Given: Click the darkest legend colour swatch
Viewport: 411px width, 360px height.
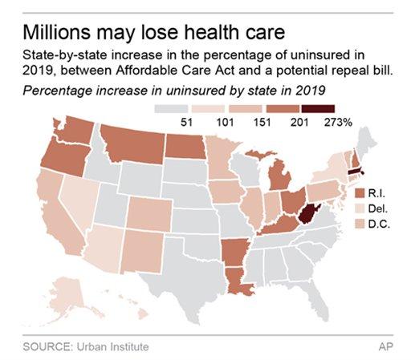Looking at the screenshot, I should click(331, 107).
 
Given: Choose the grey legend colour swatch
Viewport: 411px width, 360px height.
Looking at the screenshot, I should click(176, 107).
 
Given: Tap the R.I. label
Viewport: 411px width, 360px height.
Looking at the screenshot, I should click(377, 193).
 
